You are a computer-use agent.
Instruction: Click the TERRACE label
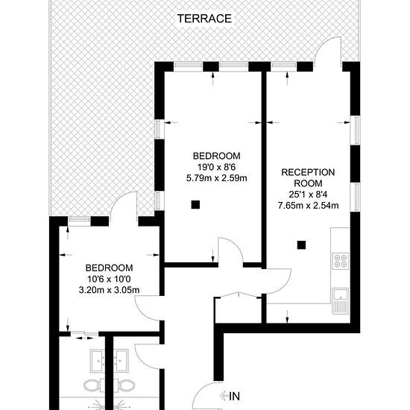click(x=204, y=19)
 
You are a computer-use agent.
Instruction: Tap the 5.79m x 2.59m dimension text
click(x=216, y=178)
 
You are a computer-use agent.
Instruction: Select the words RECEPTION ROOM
click(x=308, y=178)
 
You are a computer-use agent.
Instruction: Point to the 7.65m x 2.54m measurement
click(x=309, y=206)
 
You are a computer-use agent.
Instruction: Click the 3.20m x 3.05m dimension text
click(x=109, y=290)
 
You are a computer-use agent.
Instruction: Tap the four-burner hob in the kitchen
click(x=341, y=261)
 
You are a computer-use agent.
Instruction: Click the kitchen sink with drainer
click(x=341, y=301)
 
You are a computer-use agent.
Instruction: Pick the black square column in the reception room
click(x=301, y=245)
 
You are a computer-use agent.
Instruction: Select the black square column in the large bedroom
click(x=195, y=204)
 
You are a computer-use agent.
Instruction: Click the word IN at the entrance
click(x=235, y=397)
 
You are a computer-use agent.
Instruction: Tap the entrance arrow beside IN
click(x=224, y=396)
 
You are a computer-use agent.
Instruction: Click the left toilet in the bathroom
click(x=92, y=385)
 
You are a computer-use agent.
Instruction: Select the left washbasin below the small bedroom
click(x=98, y=361)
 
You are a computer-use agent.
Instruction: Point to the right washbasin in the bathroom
click(x=121, y=361)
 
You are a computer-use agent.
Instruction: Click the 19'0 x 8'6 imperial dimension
click(x=216, y=167)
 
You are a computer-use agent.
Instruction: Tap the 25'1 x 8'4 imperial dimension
click(x=309, y=195)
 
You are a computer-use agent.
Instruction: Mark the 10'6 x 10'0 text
click(x=109, y=279)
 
